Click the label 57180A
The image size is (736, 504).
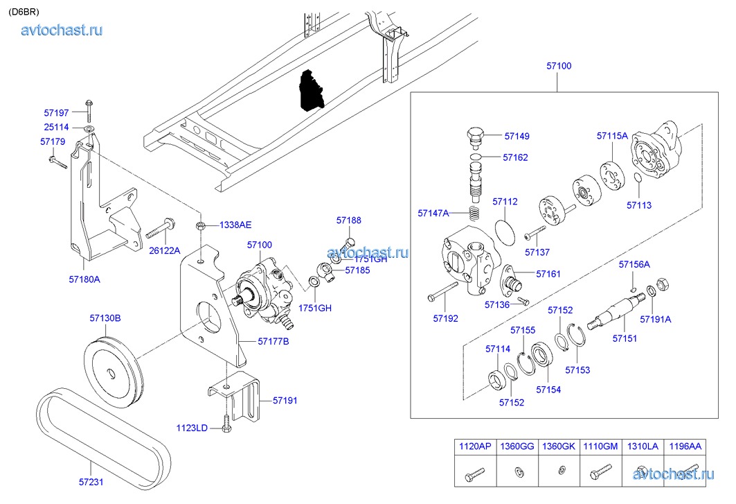pyautogui.click(x=84, y=279)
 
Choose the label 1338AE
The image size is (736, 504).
pyautogui.click(x=235, y=225)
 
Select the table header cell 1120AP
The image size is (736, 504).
pyautogui.click(x=474, y=446)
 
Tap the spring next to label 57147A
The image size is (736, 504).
pyautogui.click(x=473, y=213)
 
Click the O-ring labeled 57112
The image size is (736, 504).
pyautogui.click(x=507, y=230)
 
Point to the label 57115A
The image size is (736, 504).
pyautogui.click(x=612, y=136)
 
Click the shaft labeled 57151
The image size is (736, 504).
pyautogui.click(x=615, y=312)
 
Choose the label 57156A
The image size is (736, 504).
pyautogui.click(x=634, y=264)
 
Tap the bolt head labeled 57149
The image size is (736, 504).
pyautogui.click(x=475, y=135)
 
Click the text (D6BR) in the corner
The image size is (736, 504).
pyautogui.click(x=24, y=11)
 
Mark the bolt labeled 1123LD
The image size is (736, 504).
pyautogui.click(x=226, y=423)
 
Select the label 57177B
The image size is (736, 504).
pyautogui.click(x=273, y=341)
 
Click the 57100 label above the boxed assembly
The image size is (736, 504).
pyautogui.click(x=559, y=66)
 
